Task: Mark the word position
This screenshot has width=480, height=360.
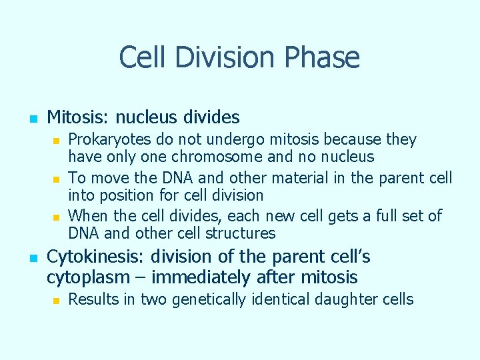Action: [122, 196]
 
